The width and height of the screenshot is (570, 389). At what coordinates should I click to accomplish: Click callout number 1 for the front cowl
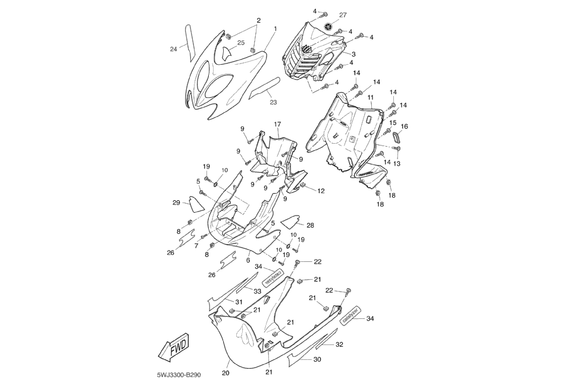coord(275,29)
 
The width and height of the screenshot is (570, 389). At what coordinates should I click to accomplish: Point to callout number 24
coord(174,49)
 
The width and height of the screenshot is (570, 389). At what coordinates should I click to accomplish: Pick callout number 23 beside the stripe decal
coord(273,102)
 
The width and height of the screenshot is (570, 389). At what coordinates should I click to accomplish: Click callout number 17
coord(277,124)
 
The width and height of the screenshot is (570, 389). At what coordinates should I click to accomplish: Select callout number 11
coord(369,97)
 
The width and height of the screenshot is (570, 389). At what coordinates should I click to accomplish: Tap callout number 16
coord(404,126)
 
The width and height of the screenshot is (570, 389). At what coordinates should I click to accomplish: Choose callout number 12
coord(321,191)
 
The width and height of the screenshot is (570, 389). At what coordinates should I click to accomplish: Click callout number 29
coord(177,203)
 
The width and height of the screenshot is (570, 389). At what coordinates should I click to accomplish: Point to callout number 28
coord(310,226)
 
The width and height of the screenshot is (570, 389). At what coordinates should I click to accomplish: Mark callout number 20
coord(226,373)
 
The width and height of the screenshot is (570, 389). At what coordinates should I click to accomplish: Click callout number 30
coord(317,359)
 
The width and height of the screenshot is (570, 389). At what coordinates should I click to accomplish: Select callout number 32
coord(339,344)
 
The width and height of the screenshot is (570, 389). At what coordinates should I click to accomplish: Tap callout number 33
coord(258,291)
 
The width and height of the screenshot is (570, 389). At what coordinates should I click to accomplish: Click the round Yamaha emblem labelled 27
coord(327,27)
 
